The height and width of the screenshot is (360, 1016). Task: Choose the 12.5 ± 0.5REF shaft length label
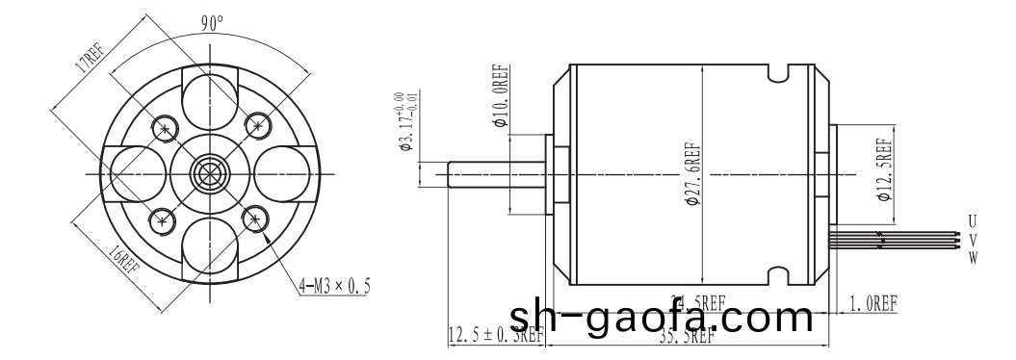coord(496,335)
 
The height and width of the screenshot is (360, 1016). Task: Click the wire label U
coord(973,222)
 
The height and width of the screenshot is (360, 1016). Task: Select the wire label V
coord(973,239)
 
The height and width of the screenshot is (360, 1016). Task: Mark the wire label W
coord(973,256)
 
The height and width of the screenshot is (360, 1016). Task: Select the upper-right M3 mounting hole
coord(256,124)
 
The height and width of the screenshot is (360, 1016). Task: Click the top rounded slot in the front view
coord(210,99)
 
